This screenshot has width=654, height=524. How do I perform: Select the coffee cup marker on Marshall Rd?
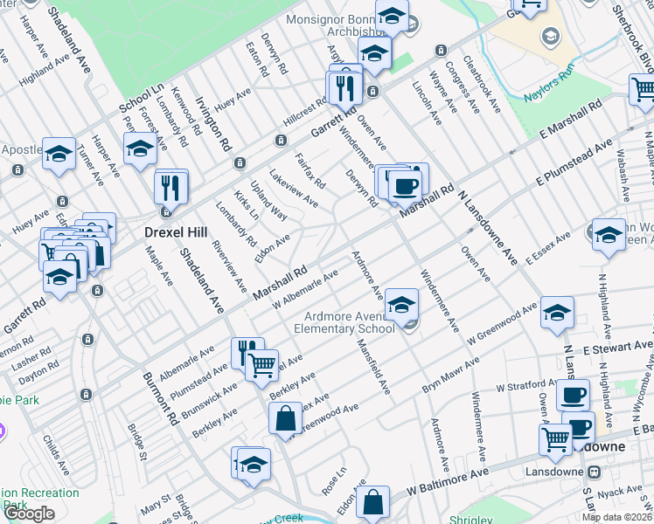(405, 185)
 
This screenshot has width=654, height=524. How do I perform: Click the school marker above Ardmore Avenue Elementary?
(401, 304)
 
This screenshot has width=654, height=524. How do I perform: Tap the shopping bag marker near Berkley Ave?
(286, 419)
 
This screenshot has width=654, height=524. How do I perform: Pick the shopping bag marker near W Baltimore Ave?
(372, 502)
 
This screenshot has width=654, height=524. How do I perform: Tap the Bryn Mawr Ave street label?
(451, 374)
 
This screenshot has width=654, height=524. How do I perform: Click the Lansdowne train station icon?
(595, 472)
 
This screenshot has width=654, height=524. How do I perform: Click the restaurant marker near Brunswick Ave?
(247, 353)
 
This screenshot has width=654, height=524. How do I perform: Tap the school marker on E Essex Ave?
(609, 235)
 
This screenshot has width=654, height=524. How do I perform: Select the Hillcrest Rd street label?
(304, 111)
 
